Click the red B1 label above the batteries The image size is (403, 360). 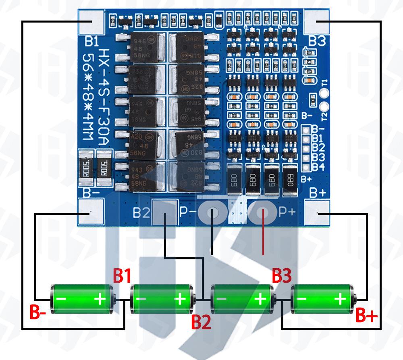122,276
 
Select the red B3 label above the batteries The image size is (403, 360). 281,276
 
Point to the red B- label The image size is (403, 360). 40,312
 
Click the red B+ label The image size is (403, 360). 366,317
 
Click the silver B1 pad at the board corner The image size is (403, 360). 91,22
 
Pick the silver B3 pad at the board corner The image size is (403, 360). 316,22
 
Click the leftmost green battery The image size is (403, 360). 83,299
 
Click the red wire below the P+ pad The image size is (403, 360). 263,238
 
